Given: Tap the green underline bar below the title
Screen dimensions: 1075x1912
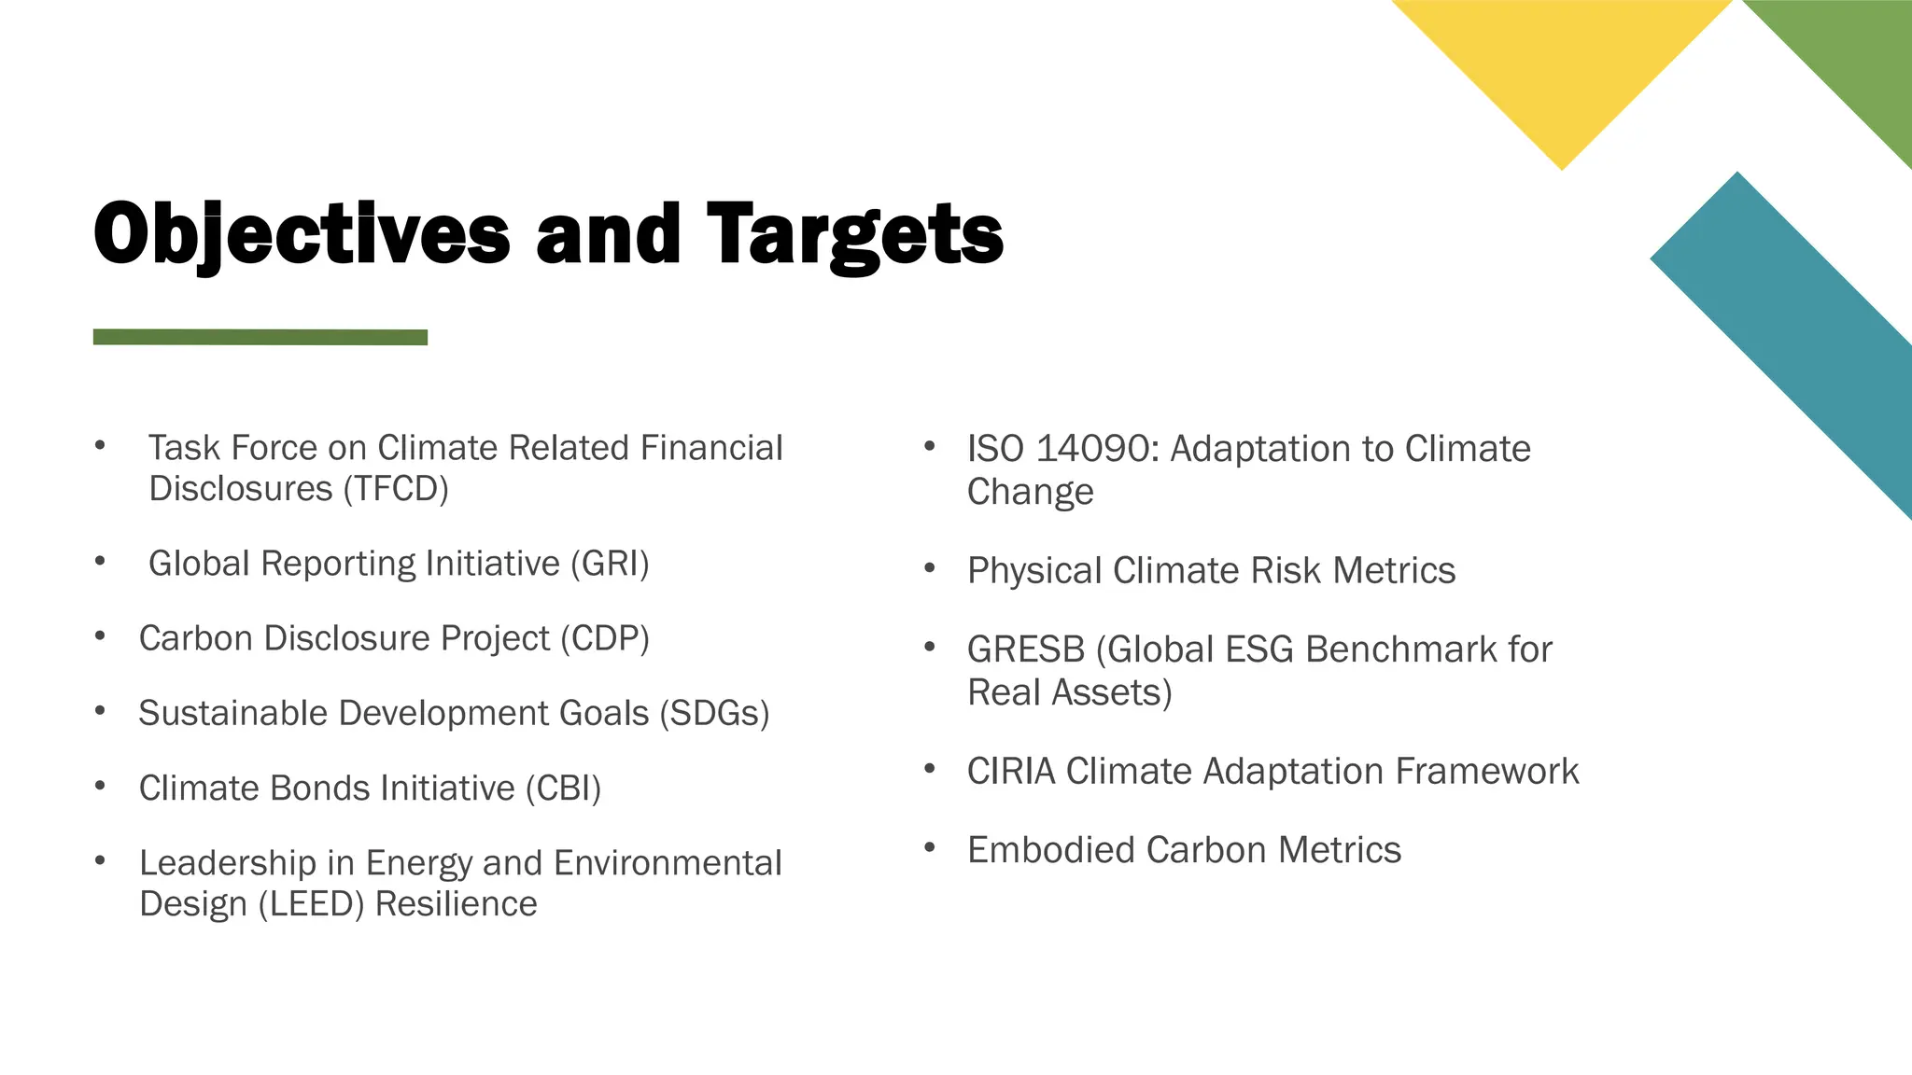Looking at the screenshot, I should point(260,337).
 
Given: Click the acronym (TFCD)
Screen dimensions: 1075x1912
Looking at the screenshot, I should point(396,489).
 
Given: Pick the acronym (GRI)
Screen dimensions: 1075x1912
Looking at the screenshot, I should point(610,564).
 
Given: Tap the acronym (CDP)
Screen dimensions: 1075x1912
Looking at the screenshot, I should point(604,638).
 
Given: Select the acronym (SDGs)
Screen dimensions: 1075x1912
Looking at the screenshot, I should point(714,713).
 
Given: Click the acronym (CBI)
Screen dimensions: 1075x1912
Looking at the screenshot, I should point(563,789).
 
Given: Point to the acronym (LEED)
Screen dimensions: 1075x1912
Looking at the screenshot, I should point(311,904).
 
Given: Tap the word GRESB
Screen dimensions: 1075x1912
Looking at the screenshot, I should point(1025,649).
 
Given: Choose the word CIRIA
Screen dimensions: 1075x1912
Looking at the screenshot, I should point(1011,772).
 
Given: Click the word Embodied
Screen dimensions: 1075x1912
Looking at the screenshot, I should point(1051,850).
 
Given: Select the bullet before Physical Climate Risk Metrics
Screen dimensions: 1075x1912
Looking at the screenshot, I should point(929,568).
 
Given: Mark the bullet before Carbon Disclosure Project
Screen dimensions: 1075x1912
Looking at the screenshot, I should point(100,636).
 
